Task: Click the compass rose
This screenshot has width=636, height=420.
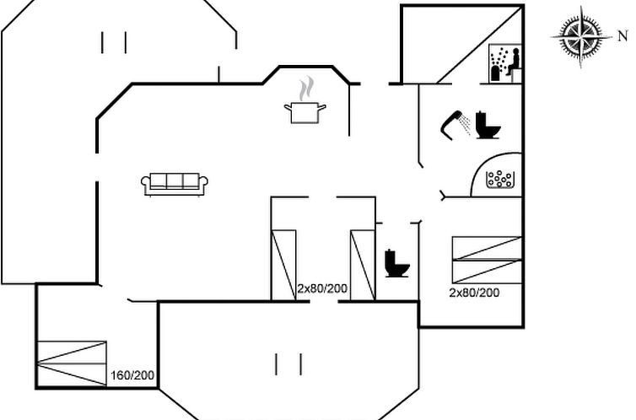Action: [x=581, y=36]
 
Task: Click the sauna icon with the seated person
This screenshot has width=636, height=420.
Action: [x=505, y=63]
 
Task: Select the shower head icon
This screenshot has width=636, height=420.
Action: [x=456, y=123]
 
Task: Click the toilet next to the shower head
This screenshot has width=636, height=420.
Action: [x=488, y=125]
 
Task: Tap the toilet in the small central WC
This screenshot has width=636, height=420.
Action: [x=396, y=263]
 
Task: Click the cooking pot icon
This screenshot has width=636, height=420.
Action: [x=306, y=111]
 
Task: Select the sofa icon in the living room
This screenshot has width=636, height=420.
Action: [x=175, y=184]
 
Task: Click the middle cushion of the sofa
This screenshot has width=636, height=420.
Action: [x=175, y=181]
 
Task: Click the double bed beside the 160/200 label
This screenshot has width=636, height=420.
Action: [x=72, y=363]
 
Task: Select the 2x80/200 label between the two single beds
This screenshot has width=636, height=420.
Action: [x=322, y=288]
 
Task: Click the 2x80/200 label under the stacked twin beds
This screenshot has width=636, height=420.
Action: [x=474, y=293]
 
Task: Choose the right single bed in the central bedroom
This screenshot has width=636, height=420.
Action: [x=362, y=264]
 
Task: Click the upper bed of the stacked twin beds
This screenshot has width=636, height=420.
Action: [x=487, y=248]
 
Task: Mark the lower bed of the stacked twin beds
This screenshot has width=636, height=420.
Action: [x=487, y=272]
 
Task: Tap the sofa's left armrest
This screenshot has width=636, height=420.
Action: [x=147, y=184]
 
